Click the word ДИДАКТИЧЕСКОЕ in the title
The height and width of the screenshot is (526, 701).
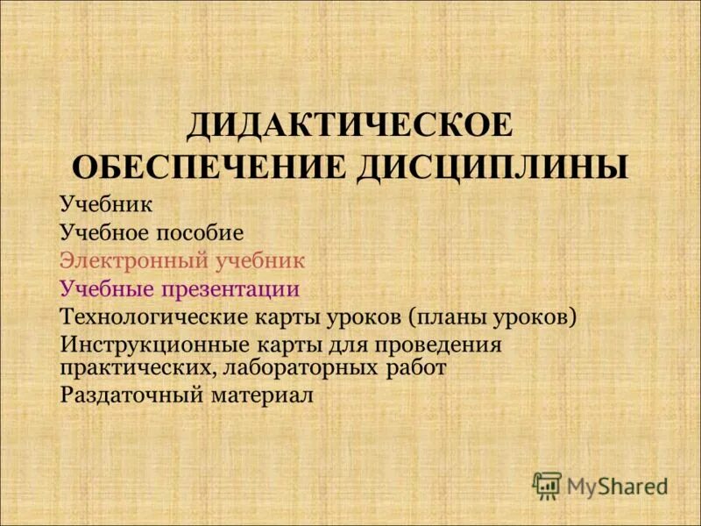pos(349,124)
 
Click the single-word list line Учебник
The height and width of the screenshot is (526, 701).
pos(106,206)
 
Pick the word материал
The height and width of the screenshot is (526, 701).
pos(262,394)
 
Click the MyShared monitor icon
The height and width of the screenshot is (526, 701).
pos(547,484)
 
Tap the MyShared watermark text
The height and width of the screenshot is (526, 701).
pos(617,485)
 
